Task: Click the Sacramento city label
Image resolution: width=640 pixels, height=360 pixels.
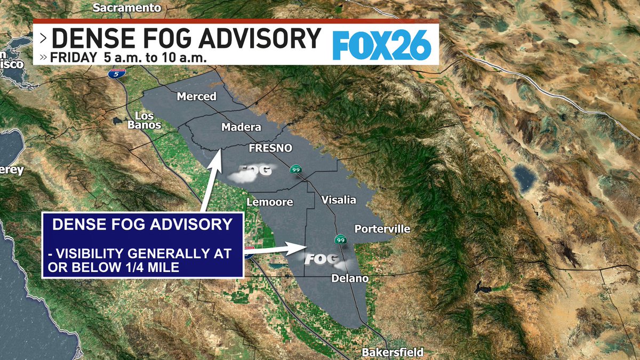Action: pos(126,8)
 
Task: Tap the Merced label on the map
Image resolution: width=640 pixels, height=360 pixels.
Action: pos(197,97)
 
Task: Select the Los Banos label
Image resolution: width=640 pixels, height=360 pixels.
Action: pos(145,121)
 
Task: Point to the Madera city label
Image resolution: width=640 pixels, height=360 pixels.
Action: pos(241,127)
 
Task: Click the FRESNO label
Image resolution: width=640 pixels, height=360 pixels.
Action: pos(271,148)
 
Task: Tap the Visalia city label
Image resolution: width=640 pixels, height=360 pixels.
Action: pos(339,200)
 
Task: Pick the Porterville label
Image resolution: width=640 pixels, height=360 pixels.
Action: pos(382,229)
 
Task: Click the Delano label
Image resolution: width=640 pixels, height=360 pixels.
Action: pos(350,278)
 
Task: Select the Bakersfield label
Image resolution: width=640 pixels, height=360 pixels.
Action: pos(393,352)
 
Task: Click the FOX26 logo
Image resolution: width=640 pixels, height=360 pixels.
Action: pos(381,44)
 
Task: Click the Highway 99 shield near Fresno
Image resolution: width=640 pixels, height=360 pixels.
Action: pos(295,170)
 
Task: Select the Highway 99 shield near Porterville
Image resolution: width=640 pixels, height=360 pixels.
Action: pos(340,239)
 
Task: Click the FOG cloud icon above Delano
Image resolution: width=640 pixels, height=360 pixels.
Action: pos(322,260)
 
